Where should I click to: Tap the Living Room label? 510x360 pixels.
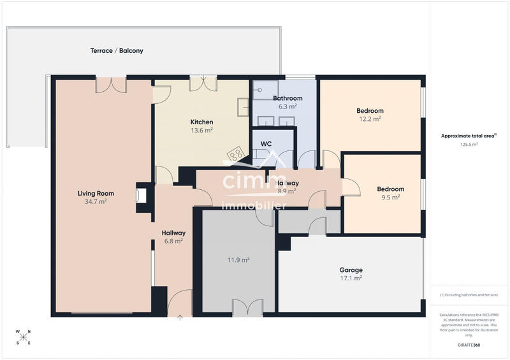96,193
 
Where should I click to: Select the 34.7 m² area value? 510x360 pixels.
96,201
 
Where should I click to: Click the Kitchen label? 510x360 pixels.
201,122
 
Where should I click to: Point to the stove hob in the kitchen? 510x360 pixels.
236,154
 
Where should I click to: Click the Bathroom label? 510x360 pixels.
288,98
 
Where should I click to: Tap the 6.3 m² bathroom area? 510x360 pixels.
288,106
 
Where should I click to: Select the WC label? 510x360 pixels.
266,144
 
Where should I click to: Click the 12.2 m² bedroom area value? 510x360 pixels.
370,119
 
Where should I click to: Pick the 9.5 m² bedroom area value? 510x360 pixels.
390,197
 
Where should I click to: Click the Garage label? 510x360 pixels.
351,270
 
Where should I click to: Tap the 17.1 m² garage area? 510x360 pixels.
351,278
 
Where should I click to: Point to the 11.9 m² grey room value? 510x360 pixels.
238,259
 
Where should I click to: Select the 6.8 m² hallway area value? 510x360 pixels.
173,241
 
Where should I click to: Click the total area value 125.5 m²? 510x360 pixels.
469,144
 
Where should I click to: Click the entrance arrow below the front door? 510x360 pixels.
179,316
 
